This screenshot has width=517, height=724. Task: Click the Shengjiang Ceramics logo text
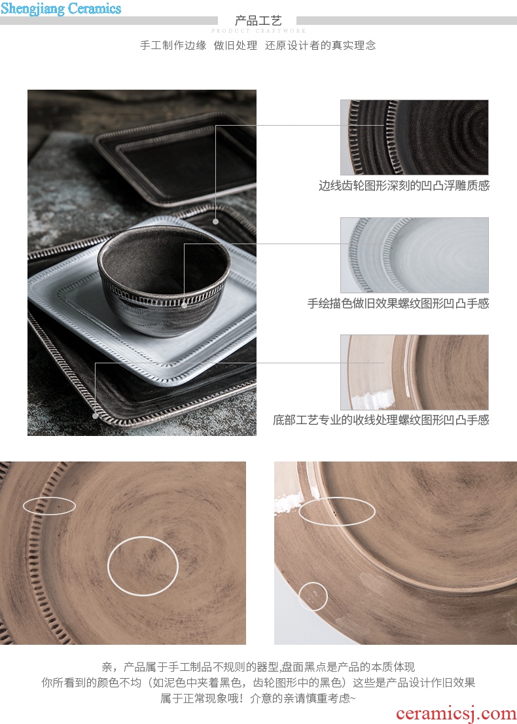[61, 9]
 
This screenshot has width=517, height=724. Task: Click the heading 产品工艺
[258, 21]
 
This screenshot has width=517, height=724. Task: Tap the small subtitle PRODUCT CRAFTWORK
[258, 31]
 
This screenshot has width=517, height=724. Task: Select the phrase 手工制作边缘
[173, 45]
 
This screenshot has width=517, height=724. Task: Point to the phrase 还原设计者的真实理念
[321, 45]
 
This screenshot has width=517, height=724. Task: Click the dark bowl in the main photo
[164, 280]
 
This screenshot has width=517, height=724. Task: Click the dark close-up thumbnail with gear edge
[414, 137]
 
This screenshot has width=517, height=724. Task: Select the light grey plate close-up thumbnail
[414, 255]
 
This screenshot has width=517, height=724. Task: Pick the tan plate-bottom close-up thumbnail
[414, 372]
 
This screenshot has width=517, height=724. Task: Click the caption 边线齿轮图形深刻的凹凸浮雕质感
[404, 186]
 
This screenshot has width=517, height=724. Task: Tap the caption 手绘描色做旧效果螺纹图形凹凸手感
[399, 303]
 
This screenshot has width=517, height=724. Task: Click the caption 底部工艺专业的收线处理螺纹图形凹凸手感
[381, 420]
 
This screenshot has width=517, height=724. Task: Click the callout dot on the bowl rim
[184, 305]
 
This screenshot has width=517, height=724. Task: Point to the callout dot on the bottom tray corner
[96, 416]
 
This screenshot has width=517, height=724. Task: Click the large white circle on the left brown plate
[108, 566]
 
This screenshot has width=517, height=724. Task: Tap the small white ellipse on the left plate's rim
[49, 498]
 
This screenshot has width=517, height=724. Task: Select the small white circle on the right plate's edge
[299, 596]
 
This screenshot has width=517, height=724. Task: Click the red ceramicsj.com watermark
[455, 714]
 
